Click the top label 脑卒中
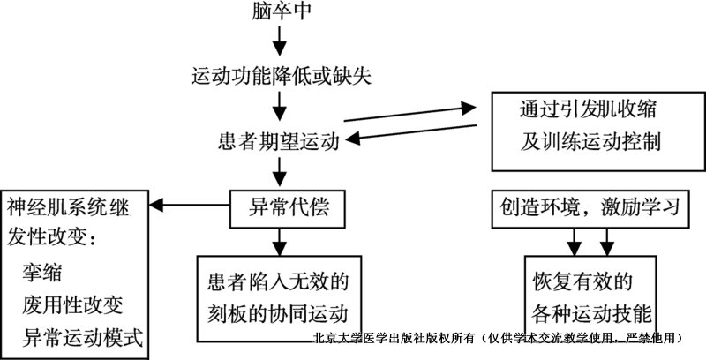pyautogui.click(x=280, y=12)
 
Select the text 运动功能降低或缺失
pyautogui.click(x=281, y=76)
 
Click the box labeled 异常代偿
pyautogui.click(x=282, y=208)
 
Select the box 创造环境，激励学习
pyautogui.click(x=591, y=208)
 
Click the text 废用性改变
pyautogui.click(x=73, y=304)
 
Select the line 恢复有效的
pyautogui.click(x=582, y=281)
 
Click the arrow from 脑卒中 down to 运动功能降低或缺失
pyautogui.click(x=280, y=40)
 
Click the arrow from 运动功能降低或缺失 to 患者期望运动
pyautogui.click(x=280, y=106)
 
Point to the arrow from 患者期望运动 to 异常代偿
pyautogui.click(x=280, y=172)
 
